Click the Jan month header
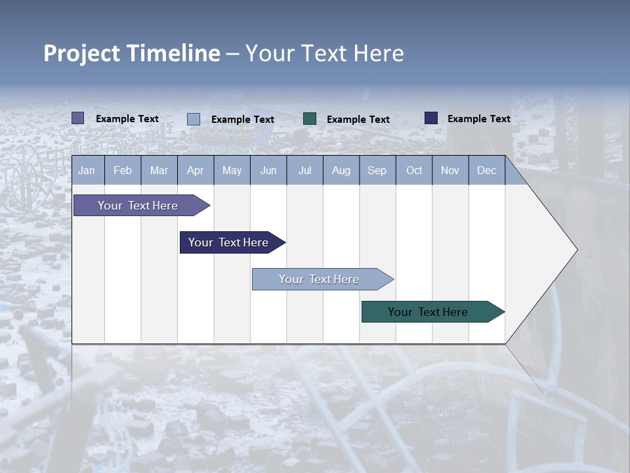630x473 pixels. (87, 170)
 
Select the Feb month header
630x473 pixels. (123, 170)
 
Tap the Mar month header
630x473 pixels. (159, 170)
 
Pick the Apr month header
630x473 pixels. (195, 170)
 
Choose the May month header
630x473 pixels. (232, 170)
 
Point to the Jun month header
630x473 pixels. (268, 170)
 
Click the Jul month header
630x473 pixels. (304, 170)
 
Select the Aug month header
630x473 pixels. (341, 170)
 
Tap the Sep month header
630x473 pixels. (377, 170)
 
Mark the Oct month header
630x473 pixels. (414, 170)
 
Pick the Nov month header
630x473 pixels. (450, 170)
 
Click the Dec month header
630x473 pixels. (487, 170)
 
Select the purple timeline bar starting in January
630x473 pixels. (138, 206)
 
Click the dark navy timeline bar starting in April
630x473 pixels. (228, 242)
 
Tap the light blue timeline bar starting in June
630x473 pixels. (319, 279)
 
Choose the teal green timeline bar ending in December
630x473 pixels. (428, 312)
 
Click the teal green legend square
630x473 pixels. (310, 118)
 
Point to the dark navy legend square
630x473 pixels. (431, 118)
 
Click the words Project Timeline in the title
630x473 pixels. (132, 53)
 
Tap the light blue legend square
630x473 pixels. (194, 119)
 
